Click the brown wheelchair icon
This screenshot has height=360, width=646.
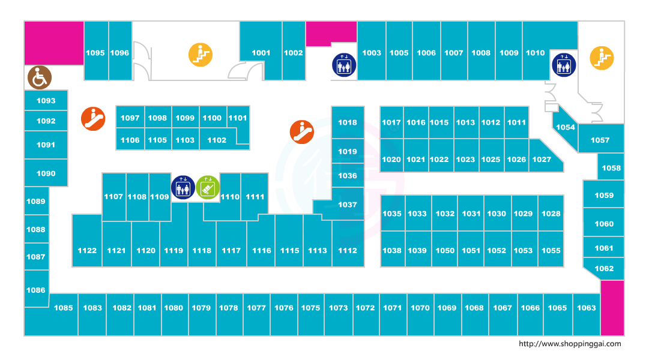coord(40,77)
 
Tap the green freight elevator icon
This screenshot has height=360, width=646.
coord(207,187)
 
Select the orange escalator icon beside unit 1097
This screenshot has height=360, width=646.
coord(93,119)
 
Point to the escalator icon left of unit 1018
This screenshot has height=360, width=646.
coord(302,131)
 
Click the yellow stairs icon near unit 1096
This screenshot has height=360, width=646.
coord(201,55)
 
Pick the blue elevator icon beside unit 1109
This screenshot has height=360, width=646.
coord(183,187)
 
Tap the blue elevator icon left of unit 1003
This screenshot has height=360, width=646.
coord(344,65)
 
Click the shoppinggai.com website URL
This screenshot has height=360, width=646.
coord(569,344)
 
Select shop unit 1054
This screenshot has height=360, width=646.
coord(566,127)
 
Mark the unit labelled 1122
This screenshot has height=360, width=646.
coord(87,250)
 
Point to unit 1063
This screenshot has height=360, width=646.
coord(587,308)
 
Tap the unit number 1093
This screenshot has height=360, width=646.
coord(46,101)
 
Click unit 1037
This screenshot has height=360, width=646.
coord(348,205)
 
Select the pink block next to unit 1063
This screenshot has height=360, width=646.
coord(612,308)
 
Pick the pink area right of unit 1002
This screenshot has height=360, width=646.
coord(331,33)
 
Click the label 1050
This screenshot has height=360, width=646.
coord(445,250)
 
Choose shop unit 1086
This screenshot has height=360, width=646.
coord(36,290)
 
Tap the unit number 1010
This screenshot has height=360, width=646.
coord(536,53)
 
